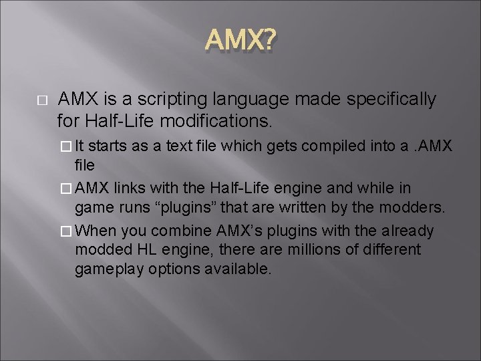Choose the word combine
coord(183,231)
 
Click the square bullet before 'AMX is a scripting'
coord(39,100)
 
